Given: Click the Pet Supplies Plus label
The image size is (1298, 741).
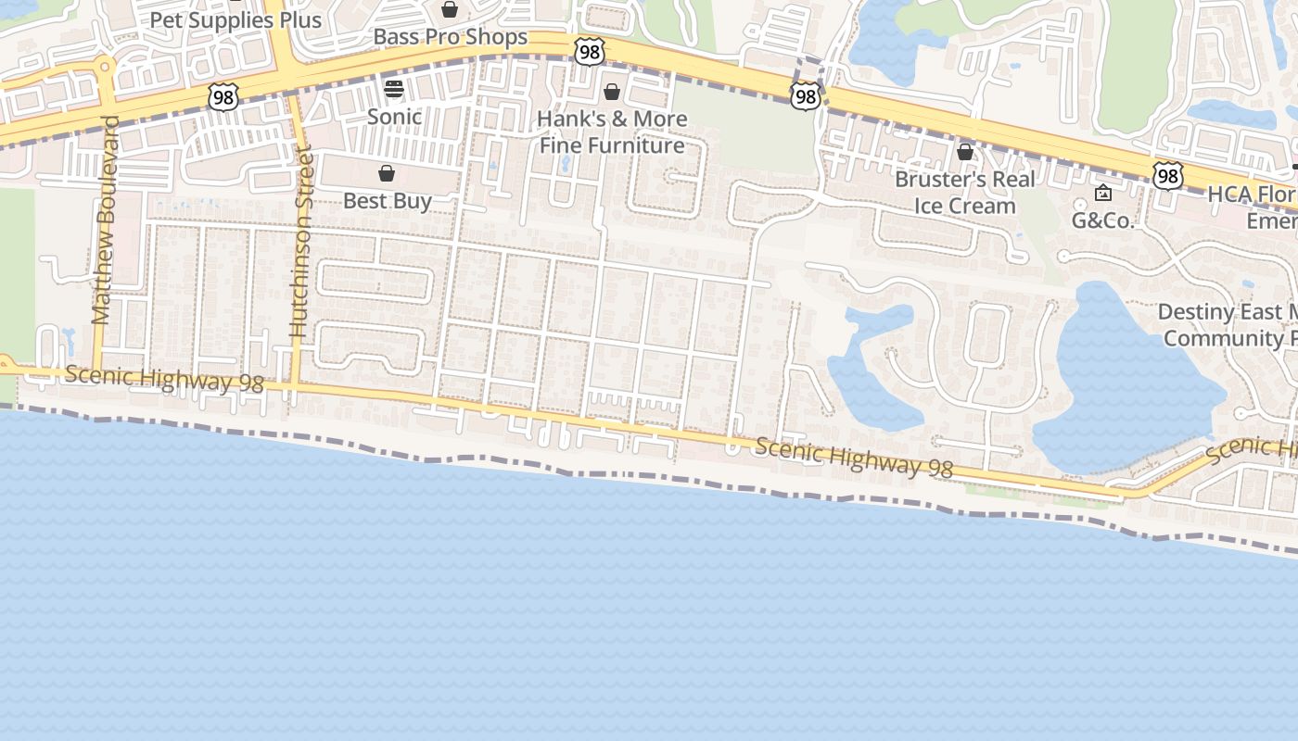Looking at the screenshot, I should tap(235, 20).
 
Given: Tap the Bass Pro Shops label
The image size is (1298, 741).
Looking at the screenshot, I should tap(451, 37).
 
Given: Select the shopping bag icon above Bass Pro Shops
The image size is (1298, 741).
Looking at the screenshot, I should tap(450, 10).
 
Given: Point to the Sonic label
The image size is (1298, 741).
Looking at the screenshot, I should tap(394, 117).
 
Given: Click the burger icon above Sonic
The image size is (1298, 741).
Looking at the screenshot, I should tap(394, 89).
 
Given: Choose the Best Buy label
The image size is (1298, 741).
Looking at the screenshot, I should tap(388, 200).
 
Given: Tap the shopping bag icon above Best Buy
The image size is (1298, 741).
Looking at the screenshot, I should tap(387, 173).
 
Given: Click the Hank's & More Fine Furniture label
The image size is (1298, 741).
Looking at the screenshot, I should tap(613, 132).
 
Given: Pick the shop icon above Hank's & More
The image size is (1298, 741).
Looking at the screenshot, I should tap(612, 92).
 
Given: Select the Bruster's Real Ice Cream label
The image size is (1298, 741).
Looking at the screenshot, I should tap(965, 192).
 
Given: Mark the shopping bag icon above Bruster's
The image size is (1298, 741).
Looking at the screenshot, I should tap(965, 151).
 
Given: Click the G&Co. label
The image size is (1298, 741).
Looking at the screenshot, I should tap(1102, 220).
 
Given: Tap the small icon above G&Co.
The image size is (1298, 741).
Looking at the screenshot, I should tap(1103, 193).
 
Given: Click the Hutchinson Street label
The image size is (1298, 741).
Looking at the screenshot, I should tap(299, 243).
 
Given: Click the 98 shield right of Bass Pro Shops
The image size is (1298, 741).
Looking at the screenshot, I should tap(590, 52).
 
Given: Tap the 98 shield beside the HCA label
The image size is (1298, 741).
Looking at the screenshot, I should tap(1168, 175).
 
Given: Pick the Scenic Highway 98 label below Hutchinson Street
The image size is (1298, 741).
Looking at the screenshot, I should tap(164, 379).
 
